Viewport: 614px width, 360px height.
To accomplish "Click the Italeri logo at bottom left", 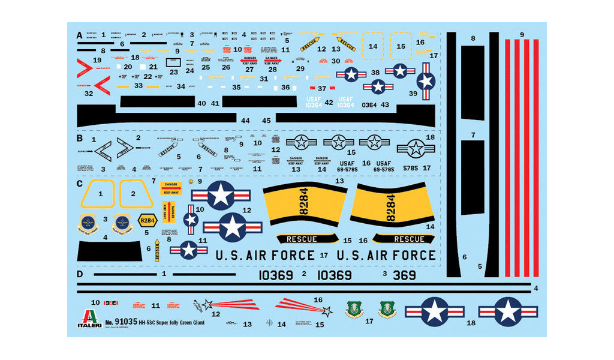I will click(x=89, y=318).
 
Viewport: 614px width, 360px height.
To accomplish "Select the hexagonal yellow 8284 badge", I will click(x=147, y=220).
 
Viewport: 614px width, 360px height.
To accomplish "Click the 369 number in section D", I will click(x=404, y=275).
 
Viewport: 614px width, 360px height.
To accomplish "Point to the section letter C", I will click(x=80, y=183).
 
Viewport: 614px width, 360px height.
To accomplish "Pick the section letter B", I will click(x=80, y=137).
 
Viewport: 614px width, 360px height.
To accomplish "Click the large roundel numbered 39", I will click(x=426, y=81).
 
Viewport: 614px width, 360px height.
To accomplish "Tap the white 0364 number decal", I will click(x=369, y=105).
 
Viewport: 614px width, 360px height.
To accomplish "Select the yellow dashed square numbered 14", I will click(x=373, y=46).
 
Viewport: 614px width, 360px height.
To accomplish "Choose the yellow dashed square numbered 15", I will click(x=401, y=46).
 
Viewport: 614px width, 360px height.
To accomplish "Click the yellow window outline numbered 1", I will click(x=101, y=194).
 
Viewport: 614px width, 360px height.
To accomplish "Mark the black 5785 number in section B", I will click(x=410, y=169).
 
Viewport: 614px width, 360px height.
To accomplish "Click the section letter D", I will click(x=80, y=274).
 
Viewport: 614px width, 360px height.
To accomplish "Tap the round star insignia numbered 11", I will click(x=188, y=249).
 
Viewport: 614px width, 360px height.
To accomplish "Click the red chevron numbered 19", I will click(x=86, y=68).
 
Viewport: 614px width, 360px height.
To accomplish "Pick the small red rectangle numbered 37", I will click(x=312, y=88).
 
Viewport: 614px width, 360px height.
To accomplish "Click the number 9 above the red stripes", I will click(x=522, y=35).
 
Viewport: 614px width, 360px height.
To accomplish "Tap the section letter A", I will click(x=80, y=35).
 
